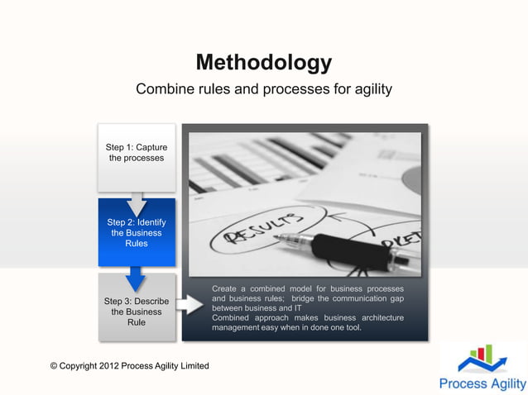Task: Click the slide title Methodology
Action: (263, 63)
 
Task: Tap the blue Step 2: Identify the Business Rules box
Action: (137, 233)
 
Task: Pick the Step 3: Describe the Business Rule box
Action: (137, 312)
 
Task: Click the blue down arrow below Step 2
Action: (137, 278)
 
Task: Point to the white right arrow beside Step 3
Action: (190, 304)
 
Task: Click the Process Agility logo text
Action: (482, 383)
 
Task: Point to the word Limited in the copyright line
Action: (192, 366)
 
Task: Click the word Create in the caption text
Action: (227, 288)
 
